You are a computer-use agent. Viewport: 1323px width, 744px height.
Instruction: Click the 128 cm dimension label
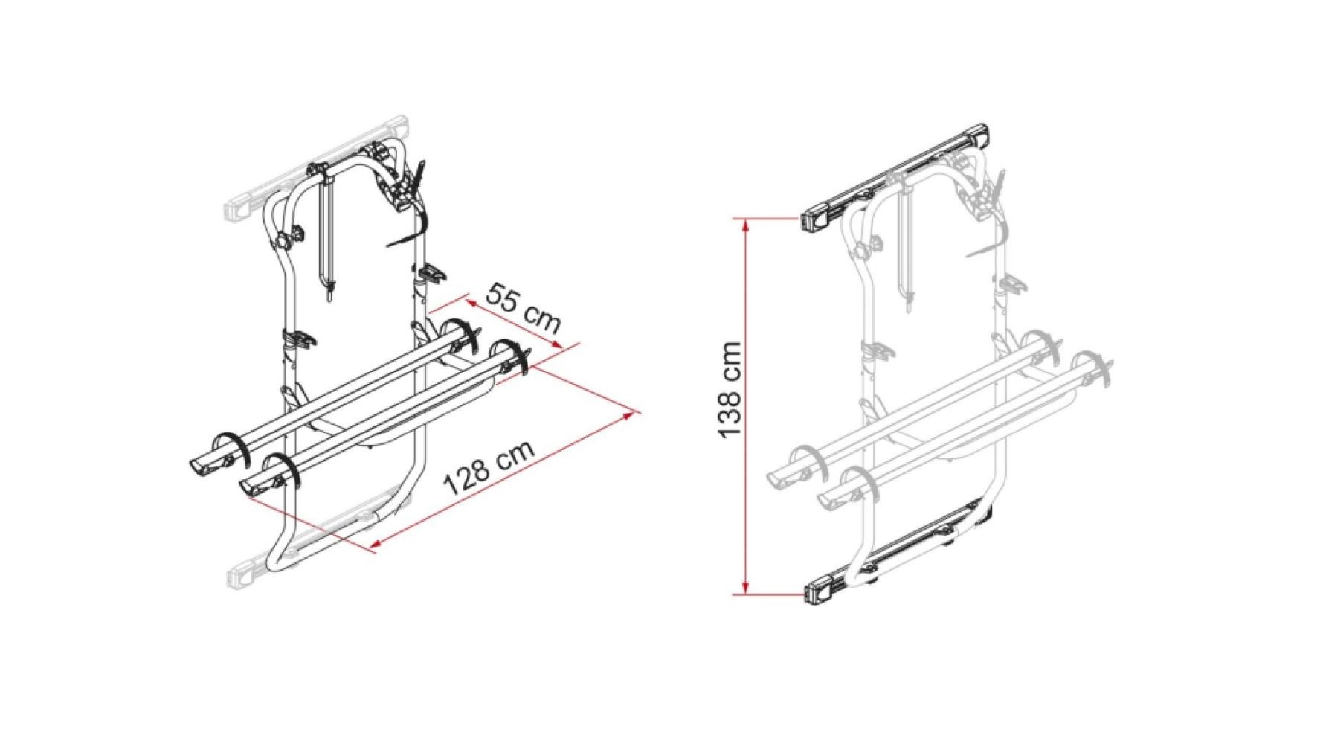488,468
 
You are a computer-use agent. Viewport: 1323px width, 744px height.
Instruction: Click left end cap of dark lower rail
818,591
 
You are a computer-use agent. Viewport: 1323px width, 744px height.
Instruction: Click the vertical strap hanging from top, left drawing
326,238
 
